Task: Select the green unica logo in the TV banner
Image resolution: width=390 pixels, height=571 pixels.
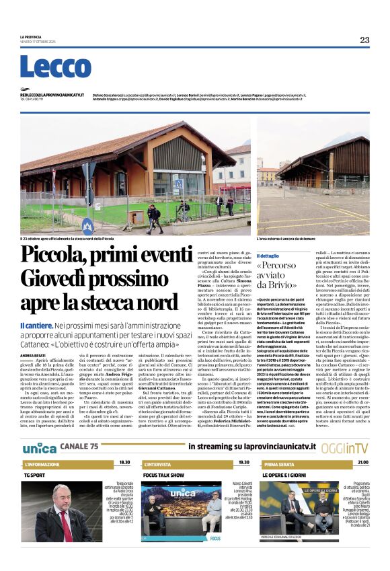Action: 40,447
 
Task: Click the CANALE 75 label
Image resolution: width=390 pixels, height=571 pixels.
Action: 79,447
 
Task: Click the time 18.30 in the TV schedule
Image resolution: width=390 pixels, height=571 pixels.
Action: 124,463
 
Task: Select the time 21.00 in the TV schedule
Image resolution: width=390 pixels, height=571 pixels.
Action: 362,463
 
